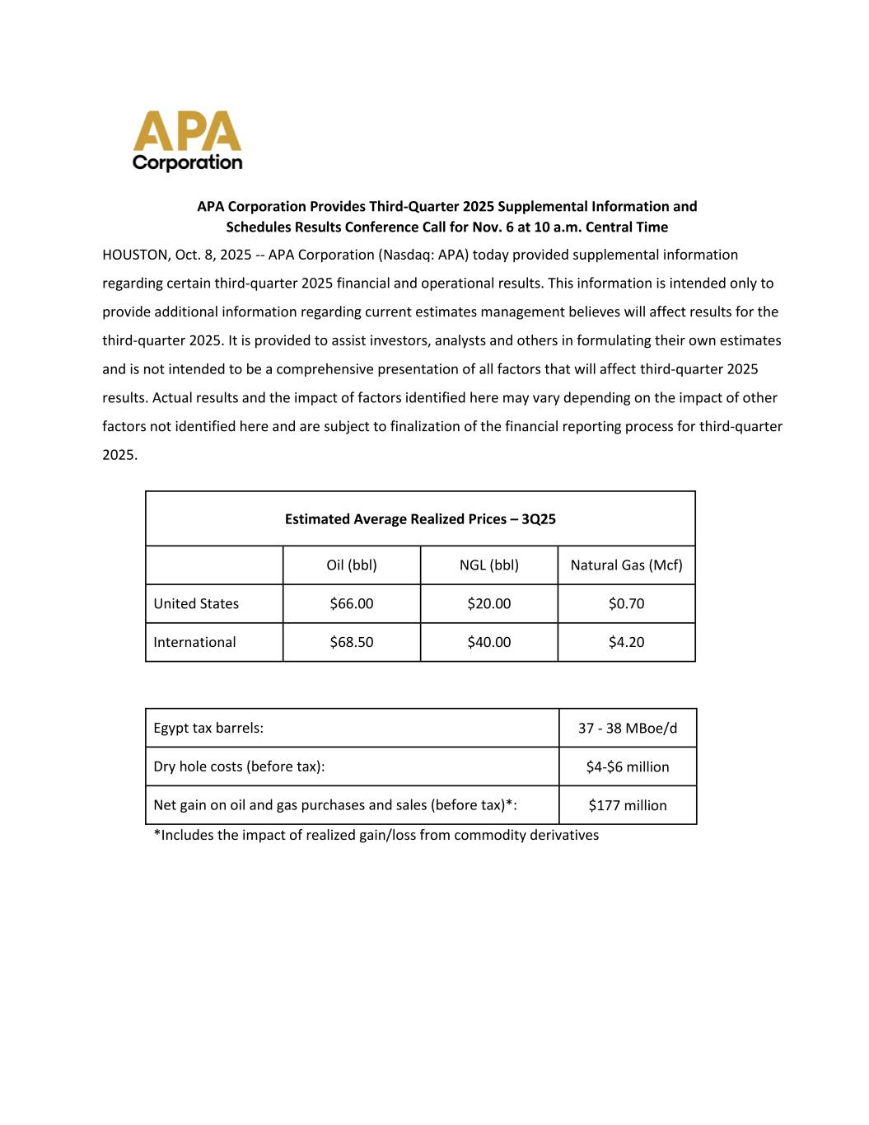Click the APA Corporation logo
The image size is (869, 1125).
[x=188, y=141]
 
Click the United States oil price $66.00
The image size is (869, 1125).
[x=352, y=604]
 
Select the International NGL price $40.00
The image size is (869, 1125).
[x=489, y=642]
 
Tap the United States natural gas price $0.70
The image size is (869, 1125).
[x=626, y=604]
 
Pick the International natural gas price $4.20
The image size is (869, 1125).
[x=626, y=642]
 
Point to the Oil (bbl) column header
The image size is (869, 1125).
[x=352, y=565]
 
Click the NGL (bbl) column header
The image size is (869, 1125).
[x=489, y=565]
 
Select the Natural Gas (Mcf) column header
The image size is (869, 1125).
[x=626, y=565]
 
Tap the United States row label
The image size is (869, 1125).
[x=196, y=604]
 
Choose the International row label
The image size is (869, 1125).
[x=194, y=642]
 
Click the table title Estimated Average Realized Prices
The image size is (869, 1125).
[x=420, y=519]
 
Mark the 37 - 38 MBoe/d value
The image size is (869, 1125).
[x=628, y=729]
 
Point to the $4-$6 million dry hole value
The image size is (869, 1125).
[x=628, y=767]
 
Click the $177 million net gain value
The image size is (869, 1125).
[x=628, y=805]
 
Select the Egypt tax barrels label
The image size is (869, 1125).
[x=208, y=729]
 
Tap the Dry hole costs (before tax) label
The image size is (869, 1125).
[x=239, y=767]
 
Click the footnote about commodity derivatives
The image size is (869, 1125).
[x=376, y=836]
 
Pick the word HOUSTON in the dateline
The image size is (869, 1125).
[x=134, y=255]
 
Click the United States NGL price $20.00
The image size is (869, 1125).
[x=489, y=604]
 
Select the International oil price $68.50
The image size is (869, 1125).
[x=352, y=642]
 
